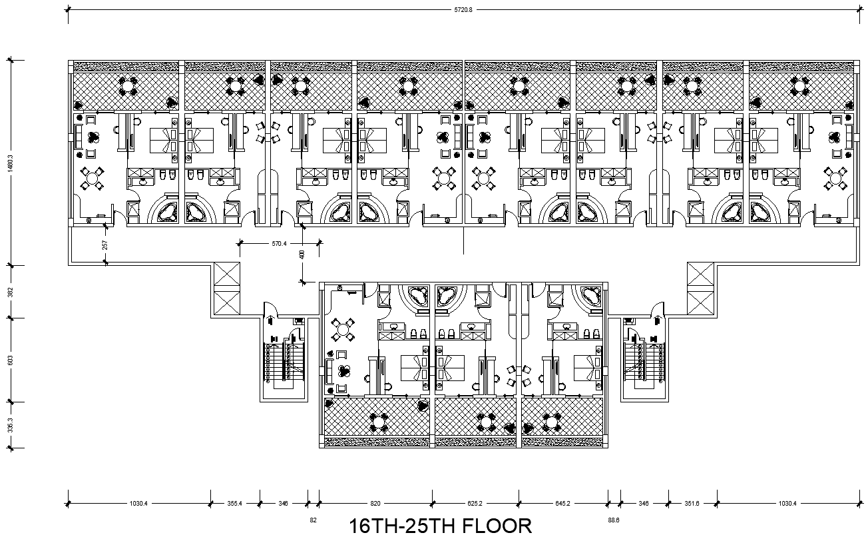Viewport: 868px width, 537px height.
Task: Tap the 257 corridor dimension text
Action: [105, 245]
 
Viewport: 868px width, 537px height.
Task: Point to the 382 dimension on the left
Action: [9, 291]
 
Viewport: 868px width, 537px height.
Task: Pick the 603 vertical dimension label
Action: [9, 360]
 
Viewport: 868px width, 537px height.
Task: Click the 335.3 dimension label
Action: [9, 424]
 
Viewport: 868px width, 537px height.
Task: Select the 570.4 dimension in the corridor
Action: [279, 244]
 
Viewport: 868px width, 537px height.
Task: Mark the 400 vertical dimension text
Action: [302, 254]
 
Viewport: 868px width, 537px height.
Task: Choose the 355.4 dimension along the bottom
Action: [234, 504]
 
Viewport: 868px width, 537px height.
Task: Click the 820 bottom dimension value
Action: [375, 504]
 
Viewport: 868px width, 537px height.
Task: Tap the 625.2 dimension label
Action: [475, 504]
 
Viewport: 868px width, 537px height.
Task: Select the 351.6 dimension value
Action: [692, 504]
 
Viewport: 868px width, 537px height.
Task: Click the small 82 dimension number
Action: [314, 518]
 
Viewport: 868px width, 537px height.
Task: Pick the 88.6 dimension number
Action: [613, 518]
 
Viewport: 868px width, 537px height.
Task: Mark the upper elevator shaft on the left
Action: [224, 276]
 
